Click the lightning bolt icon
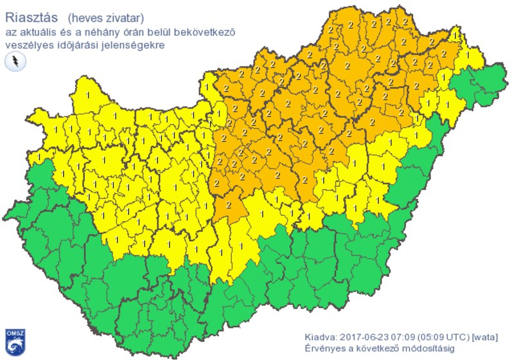click(x=14, y=62)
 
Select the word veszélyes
click(x=28, y=46)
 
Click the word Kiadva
click(x=320, y=336)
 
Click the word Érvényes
click(x=325, y=348)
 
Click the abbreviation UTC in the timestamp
click(x=457, y=336)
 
